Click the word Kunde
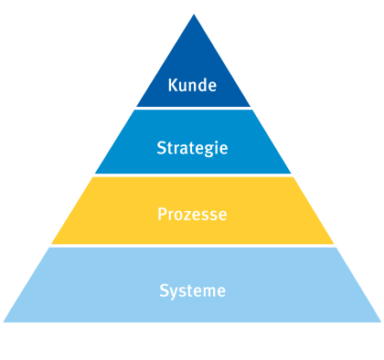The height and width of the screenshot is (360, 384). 192,86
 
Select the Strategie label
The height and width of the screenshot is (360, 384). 192,147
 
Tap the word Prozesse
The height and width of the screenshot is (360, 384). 192,217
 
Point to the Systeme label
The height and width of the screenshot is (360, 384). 192,291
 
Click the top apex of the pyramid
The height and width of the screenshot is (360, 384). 194,14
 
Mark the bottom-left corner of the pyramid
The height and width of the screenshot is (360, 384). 4,322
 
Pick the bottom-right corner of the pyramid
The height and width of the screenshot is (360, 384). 381,322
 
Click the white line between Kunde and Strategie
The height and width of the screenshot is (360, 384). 193,109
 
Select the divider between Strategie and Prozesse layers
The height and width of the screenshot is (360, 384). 193,176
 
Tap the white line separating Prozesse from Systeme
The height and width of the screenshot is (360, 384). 193,246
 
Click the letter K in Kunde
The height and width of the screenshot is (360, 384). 173,86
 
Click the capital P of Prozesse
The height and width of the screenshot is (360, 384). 162,217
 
